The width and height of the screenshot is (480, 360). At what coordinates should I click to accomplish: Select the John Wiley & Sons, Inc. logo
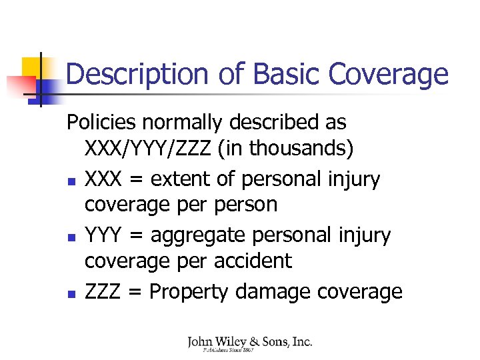coord(249,343)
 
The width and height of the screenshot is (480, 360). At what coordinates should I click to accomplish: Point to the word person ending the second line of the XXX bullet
coord(245,204)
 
